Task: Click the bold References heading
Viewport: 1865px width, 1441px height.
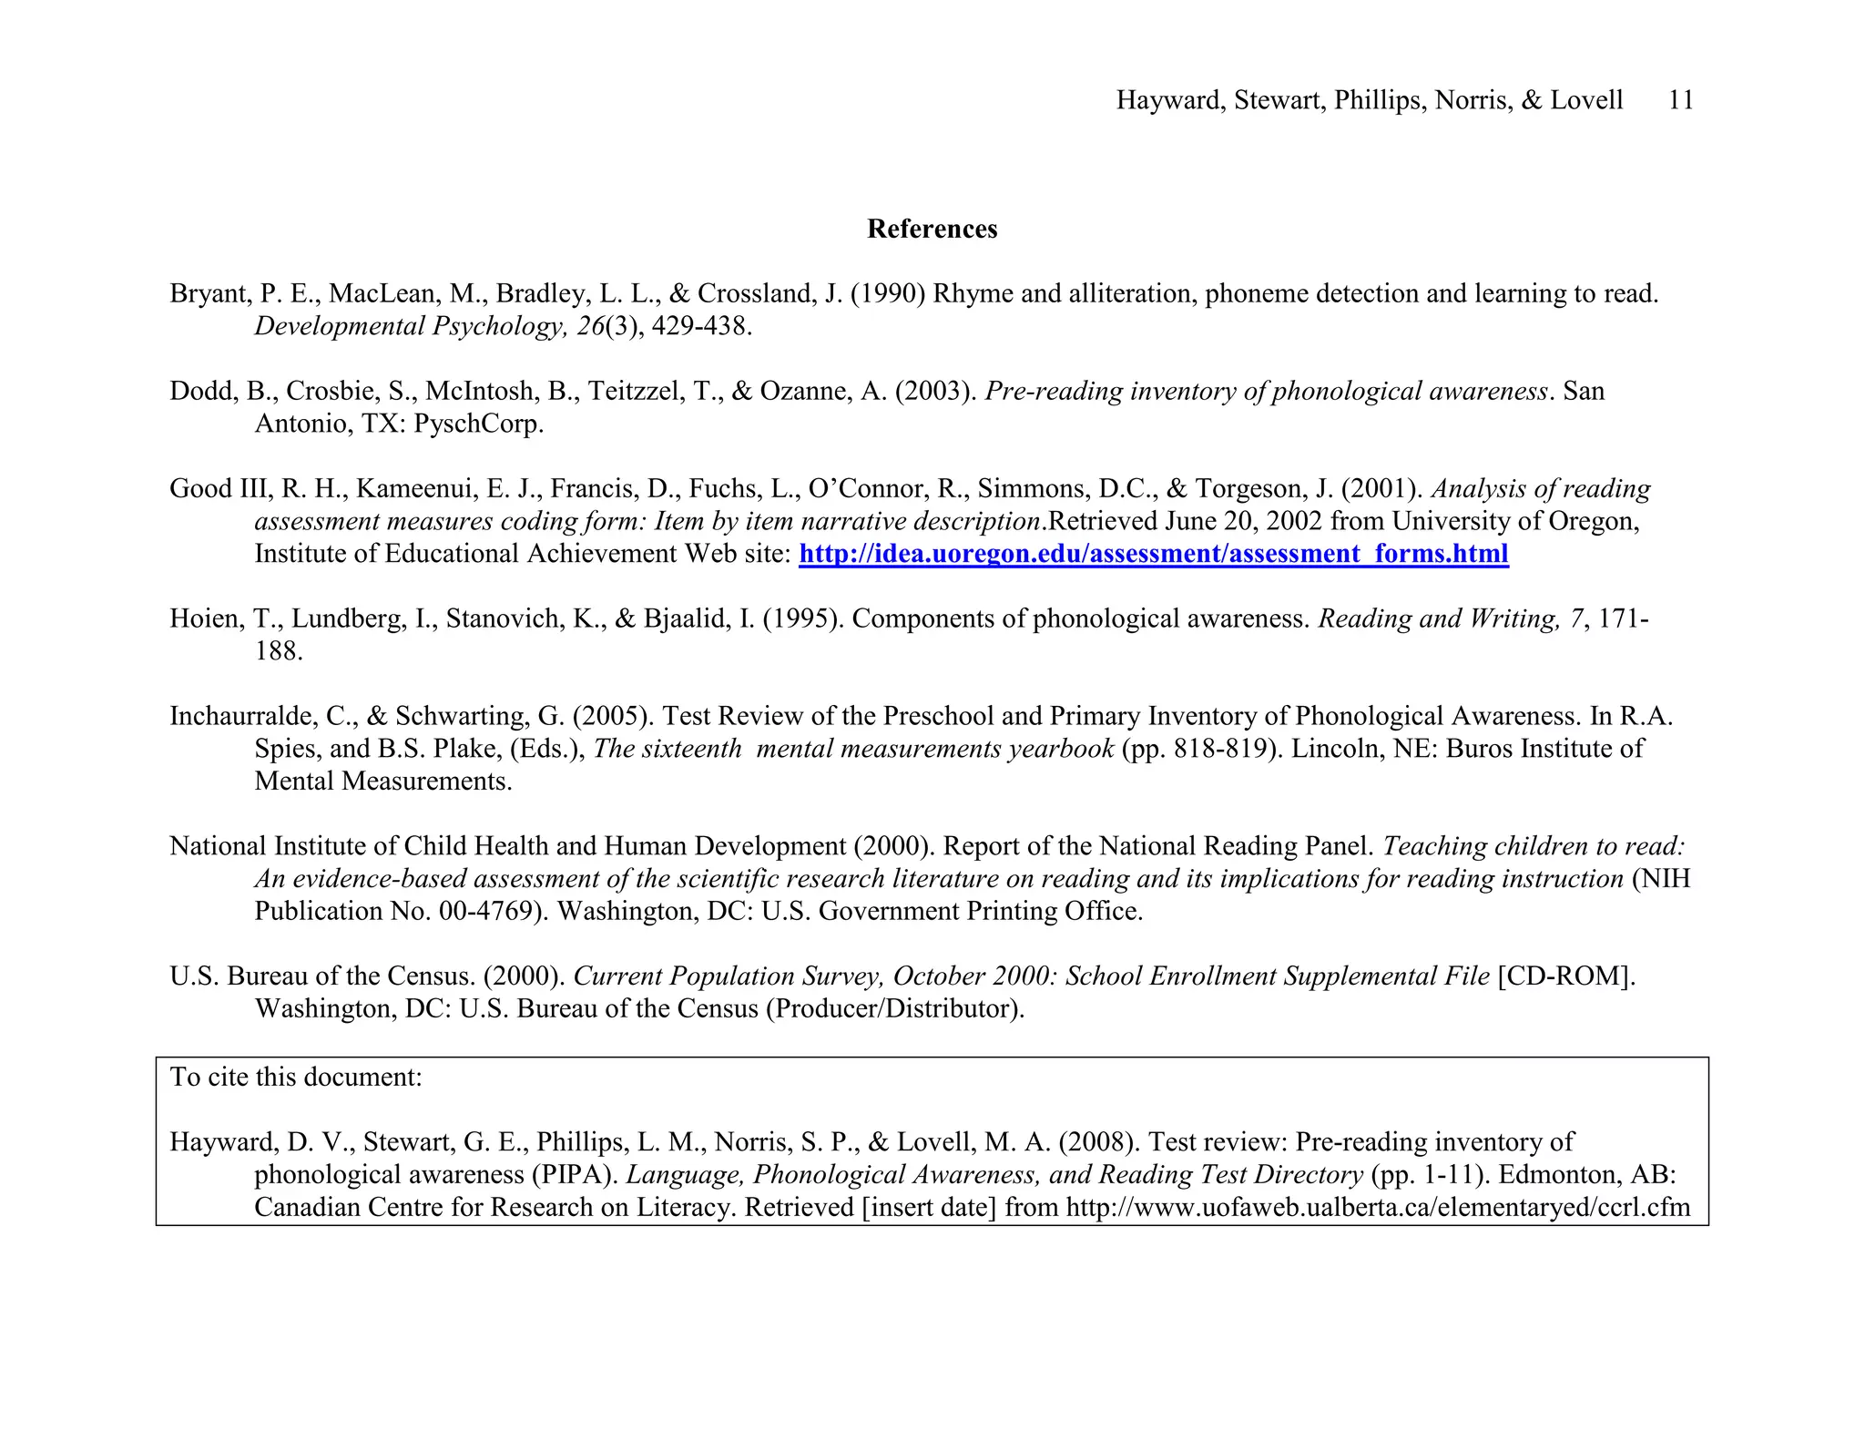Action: [x=932, y=229]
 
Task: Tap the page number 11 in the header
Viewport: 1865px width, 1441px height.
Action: [x=1680, y=100]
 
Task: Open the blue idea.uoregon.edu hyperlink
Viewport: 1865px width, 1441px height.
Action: [x=1153, y=554]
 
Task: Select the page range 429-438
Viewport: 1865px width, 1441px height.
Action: [x=700, y=326]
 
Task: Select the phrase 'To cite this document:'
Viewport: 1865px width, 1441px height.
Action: [x=296, y=1078]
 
